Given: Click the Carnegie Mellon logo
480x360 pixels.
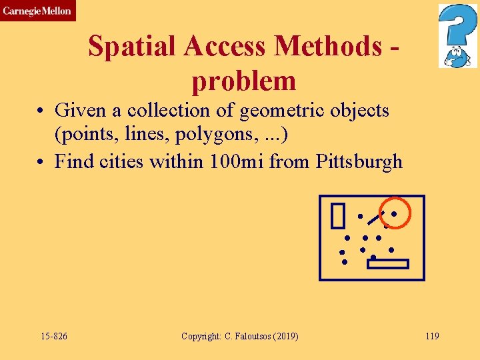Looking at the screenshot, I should (37, 11).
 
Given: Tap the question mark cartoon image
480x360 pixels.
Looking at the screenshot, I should (457, 36).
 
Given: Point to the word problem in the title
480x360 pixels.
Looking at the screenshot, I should (243, 81).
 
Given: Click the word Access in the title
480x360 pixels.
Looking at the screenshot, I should (225, 47).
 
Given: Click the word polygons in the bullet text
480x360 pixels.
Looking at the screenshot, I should (200, 135).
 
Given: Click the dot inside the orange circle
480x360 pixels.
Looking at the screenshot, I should (394, 214).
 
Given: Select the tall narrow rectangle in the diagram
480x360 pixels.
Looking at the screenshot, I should (337, 215).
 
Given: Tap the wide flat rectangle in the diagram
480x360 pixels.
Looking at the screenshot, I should (387, 264).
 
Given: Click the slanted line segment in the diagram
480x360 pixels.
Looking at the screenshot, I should (375, 217).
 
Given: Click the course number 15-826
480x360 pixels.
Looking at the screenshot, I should (53, 336).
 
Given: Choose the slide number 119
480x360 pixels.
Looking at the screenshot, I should (432, 336).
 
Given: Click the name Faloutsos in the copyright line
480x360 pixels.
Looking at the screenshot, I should (253, 336).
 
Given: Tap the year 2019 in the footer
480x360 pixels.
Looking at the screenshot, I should (285, 336).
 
